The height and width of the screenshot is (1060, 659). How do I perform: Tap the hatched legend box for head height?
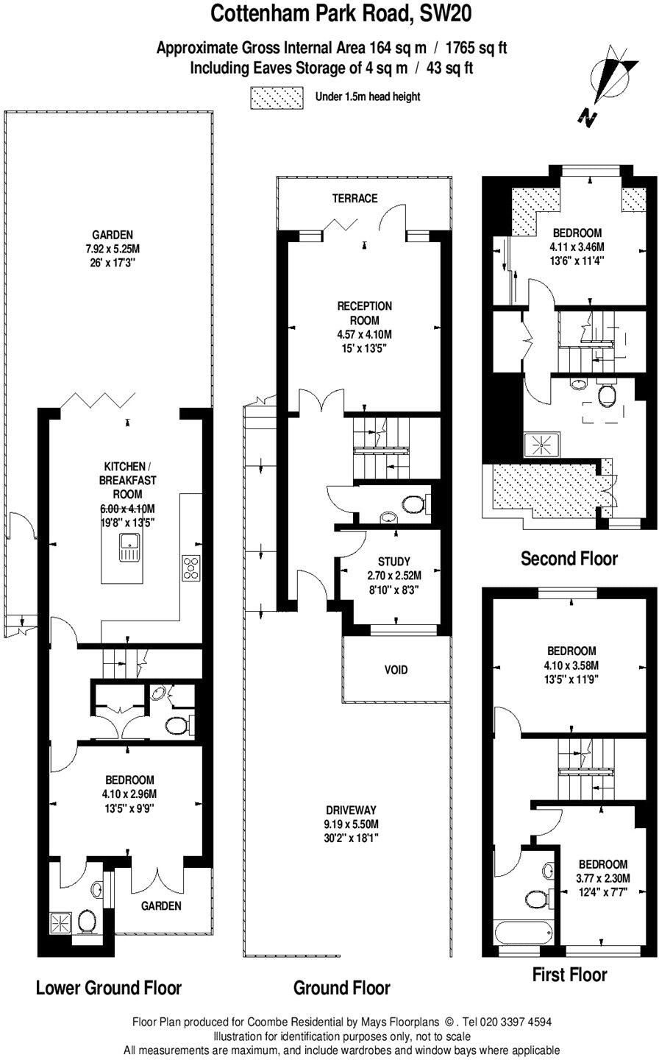277,97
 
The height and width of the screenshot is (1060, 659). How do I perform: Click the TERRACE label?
355,198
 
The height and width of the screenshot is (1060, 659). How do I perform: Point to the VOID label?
395,670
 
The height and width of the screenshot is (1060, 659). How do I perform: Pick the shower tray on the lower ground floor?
63,921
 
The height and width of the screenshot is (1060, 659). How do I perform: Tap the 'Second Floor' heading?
569,558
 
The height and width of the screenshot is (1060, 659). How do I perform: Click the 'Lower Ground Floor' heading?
108,987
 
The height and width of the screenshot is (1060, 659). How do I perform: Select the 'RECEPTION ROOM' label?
365,313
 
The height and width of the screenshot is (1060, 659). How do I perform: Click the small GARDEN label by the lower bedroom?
161,906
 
